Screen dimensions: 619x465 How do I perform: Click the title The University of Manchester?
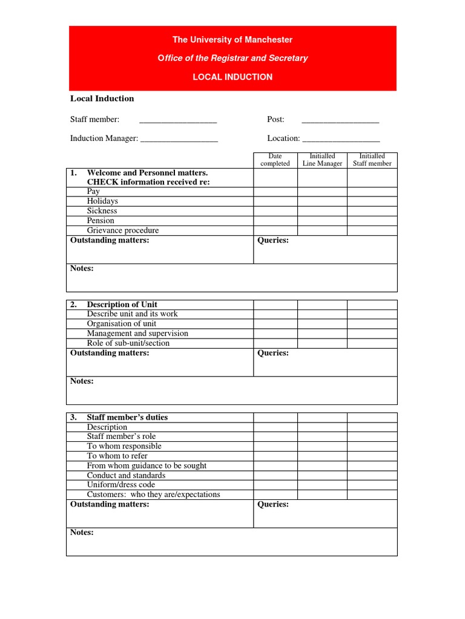click(x=232, y=40)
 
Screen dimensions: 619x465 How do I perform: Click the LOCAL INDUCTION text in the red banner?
click(x=232, y=77)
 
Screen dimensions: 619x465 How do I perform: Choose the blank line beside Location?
click(x=341, y=139)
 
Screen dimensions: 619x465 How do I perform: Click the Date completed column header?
click(x=275, y=160)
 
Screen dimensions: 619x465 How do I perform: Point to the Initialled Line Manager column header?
click(x=322, y=160)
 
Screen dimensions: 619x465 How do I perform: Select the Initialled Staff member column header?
click(x=372, y=160)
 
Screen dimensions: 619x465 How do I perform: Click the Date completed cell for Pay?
click(x=275, y=192)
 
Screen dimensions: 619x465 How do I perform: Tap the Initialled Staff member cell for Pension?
click(x=372, y=221)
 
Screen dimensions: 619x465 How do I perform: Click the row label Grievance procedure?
click(x=123, y=230)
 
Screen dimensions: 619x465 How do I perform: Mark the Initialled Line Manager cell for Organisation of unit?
click(x=322, y=324)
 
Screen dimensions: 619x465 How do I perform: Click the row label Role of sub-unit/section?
click(x=128, y=343)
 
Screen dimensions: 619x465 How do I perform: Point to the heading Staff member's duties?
click(x=127, y=417)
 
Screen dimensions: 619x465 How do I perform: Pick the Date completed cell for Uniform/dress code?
click(x=275, y=485)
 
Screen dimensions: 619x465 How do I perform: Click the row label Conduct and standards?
click(x=126, y=475)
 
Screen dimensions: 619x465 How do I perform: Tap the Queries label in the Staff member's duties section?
click(x=273, y=505)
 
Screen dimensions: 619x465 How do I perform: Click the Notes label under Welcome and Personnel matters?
click(x=82, y=268)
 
